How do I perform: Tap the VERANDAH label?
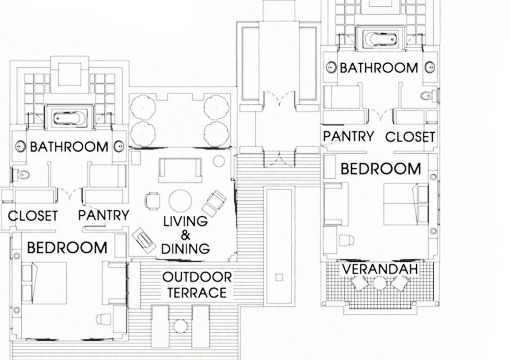[380, 269]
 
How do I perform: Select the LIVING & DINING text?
[185, 235]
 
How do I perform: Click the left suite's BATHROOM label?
[69, 147]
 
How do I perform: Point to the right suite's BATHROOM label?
[379, 68]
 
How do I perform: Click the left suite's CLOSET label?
[32, 216]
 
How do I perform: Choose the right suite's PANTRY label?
[348, 136]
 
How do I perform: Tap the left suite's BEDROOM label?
[67, 248]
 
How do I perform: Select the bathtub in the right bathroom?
[381, 39]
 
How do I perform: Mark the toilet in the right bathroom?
[430, 96]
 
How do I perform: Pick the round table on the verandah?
[379, 283]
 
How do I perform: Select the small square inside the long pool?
[279, 277]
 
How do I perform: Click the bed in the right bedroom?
[406, 204]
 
